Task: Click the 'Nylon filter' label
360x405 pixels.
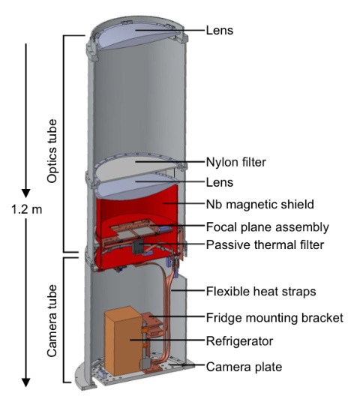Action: pos(235,163)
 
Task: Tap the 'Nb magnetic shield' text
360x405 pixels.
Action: pos(259,204)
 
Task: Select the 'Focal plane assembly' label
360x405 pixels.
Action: pos(267,227)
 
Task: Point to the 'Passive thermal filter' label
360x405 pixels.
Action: pos(265,244)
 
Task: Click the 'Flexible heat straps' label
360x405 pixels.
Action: pos(261,291)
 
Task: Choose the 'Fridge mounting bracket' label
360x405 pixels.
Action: pos(274,318)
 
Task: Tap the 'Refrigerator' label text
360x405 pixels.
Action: pos(239,341)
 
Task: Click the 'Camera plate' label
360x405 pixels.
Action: pos(244,367)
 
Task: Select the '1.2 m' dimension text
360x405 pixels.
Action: pos(26,209)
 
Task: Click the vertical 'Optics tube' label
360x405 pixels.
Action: pos(52,151)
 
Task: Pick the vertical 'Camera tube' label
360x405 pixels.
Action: pos(52,321)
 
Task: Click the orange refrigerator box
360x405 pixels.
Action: pos(124,342)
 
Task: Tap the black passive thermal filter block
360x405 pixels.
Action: pos(138,247)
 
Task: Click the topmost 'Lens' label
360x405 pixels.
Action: pos(220,30)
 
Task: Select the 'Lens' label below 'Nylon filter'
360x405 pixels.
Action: pos(220,182)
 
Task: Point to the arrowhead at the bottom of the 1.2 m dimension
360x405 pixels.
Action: pos(25,382)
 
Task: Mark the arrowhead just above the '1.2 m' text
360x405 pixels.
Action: pos(25,193)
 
